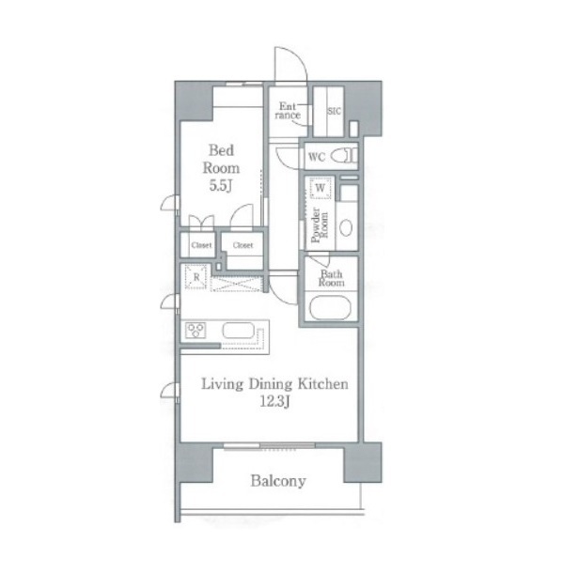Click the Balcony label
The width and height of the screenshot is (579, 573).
click(278, 481)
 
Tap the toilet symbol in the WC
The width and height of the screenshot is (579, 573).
click(344, 155)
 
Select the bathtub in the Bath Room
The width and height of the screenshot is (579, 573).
click(330, 308)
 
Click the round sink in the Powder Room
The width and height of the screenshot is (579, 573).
click(346, 227)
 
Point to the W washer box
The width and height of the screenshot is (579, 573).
click(321, 188)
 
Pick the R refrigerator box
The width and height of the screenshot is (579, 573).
click(196, 277)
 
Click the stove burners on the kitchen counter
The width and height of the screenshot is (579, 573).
click(196, 331)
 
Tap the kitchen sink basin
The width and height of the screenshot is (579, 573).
click(239, 331)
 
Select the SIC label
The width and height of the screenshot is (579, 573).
click(335, 111)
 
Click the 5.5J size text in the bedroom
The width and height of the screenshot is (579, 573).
click(221, 186)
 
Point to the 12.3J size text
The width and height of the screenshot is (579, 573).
click(274, 402)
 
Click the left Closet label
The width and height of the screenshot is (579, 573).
click(201, 245)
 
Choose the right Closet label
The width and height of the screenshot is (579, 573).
click(243, 245)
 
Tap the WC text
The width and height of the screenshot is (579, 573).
click(317, 157)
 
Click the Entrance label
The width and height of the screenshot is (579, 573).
click(288, 111)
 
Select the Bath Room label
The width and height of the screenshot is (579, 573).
click(332, 279)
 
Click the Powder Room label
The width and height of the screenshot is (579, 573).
click(320, 225)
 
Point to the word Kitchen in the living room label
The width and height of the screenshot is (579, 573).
click(323, 384)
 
